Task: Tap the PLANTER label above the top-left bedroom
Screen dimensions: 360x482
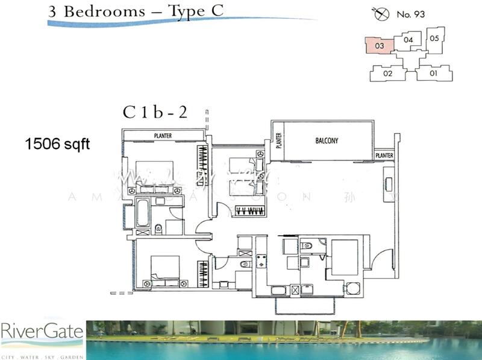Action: [163, 136]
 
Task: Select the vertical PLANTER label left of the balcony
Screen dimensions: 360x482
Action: [279, 141]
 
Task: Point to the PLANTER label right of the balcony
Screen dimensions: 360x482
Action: [384, 156]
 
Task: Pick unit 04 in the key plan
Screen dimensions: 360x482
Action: [408, 40]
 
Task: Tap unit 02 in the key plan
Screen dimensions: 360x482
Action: [388, 74]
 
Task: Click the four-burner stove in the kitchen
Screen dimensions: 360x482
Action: [263, 261]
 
